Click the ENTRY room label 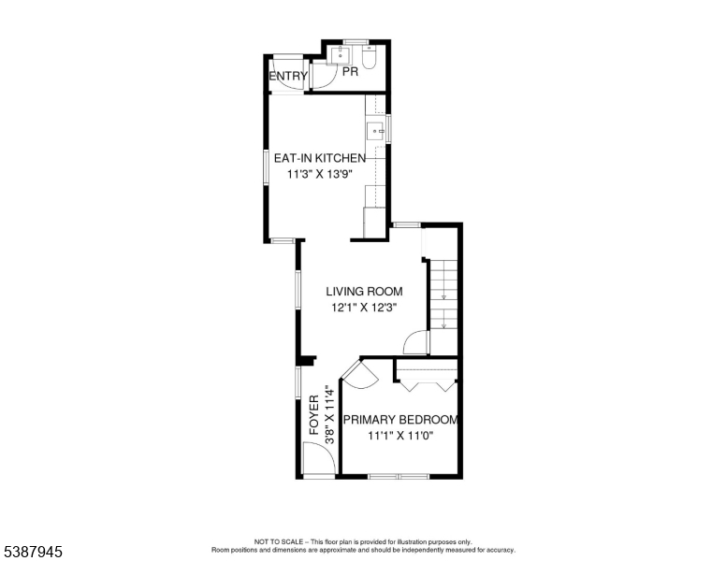(x=287, y=77)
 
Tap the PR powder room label (x=351, y=71)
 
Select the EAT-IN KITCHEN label (x=319, y=158)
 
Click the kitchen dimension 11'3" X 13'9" (x=319, y=174)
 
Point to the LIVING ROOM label (x=364, y=292)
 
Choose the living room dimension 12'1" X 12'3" (x=364, y=309)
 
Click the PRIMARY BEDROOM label (x=399, y=420)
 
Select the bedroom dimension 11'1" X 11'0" (x=399, y=435)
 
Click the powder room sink (x=342, y=55)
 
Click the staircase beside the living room (x=443, y=295)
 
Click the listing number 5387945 (x=32, y=552)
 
